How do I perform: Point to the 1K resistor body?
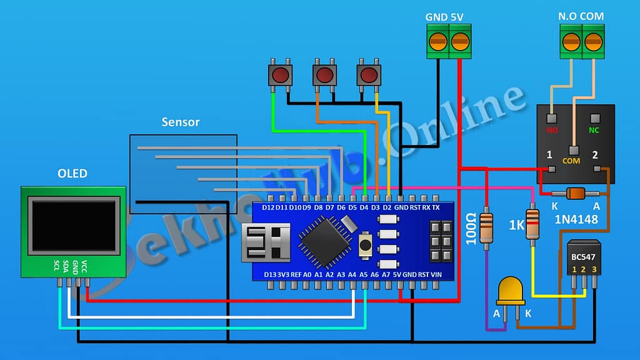coord(532,224)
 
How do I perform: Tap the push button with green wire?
coord(280,76)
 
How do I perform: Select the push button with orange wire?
coord(324,76)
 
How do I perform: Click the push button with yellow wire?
coord(369,76)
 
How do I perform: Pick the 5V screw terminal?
coord(460,42)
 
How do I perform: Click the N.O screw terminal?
coord(571,42)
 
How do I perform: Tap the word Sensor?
coord(181,122)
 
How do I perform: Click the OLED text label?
coord(72,173)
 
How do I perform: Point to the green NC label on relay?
coord(594,131)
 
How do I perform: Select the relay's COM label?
coord(571,161)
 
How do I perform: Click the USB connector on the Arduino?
coord(264,242)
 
